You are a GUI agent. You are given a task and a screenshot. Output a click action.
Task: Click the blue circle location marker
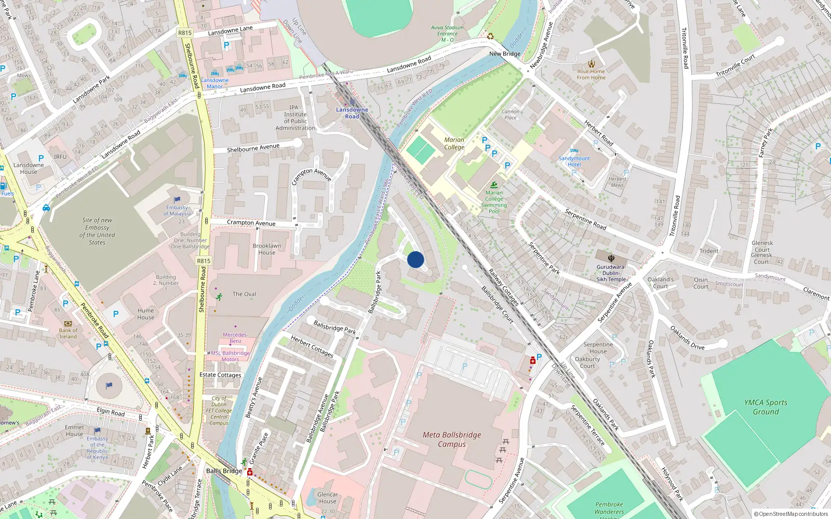(x=415, y=259)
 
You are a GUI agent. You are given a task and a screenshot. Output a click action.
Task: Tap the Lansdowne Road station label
(x=352, y=113)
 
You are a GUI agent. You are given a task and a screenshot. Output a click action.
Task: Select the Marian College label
(x=454, y=143)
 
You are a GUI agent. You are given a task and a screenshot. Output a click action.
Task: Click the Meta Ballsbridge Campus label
(x=452, y=439)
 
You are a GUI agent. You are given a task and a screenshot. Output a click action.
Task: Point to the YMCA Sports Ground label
(x=766, y=407)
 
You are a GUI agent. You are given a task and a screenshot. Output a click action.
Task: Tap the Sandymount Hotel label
(x=574, y=161)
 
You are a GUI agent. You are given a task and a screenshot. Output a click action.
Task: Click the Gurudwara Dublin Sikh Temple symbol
(x=611, y=258)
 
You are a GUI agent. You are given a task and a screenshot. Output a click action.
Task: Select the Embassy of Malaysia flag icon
(x=177, y=199)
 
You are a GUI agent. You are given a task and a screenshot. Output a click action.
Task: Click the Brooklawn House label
(x=267, y=249)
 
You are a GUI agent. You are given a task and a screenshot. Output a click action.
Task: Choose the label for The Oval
(x=244, y=294)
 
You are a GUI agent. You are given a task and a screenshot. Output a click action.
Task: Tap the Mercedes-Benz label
(x=235, y=338)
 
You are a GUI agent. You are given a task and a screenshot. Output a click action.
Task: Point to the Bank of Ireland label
(x=68, y=333)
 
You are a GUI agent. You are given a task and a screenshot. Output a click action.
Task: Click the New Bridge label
(x=504, y=53)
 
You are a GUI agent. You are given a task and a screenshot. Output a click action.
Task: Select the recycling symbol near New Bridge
(x=490, y=36)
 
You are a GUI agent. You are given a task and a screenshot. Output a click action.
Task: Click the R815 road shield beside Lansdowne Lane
(x=185, y=33)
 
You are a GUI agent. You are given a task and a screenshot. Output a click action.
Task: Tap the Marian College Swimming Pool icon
(x=494, y=185)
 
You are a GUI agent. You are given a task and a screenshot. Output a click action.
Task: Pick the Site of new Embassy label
(x=97, y=231)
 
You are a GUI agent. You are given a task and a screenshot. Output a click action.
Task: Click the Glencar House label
(x=327, y=498)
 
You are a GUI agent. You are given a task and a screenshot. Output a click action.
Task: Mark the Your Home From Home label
(x=591, y=74)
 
